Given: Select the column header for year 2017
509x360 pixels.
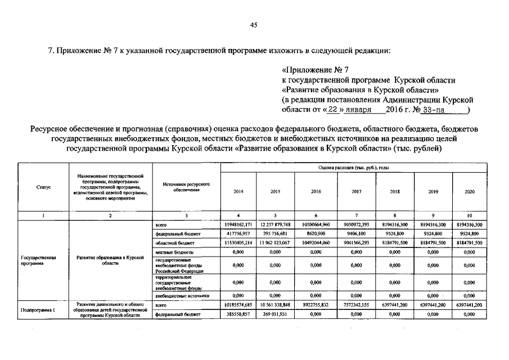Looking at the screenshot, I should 356,192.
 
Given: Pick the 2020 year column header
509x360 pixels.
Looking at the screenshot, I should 470,192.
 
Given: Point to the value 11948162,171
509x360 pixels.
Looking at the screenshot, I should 238,224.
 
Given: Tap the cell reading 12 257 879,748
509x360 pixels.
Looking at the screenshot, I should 276,224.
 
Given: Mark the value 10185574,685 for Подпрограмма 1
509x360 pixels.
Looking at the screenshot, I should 238,305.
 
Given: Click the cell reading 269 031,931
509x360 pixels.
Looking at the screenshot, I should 276,314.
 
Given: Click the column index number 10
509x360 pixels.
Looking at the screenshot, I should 470,215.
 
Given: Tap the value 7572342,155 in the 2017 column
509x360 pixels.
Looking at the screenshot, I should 356,305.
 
